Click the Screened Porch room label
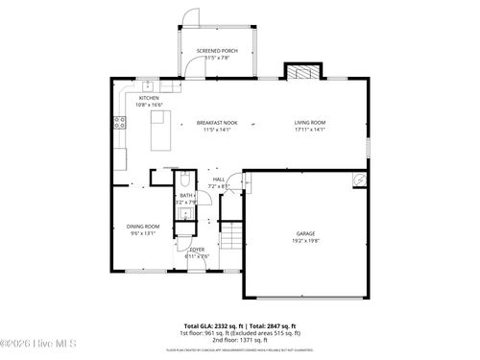[217, 51]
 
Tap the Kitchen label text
[149, 98]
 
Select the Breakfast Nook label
[217, 123]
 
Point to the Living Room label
[309, 123]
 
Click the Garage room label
[305, 233]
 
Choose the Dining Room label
[142, 227]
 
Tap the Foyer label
[196, 249]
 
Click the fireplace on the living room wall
[300, 71]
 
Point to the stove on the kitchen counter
[121, 122]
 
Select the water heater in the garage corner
[359, 179]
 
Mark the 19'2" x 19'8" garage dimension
[305, 240]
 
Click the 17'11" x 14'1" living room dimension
[309, 130]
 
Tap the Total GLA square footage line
[240, 325]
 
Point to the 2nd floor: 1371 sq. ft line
[240, 340]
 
